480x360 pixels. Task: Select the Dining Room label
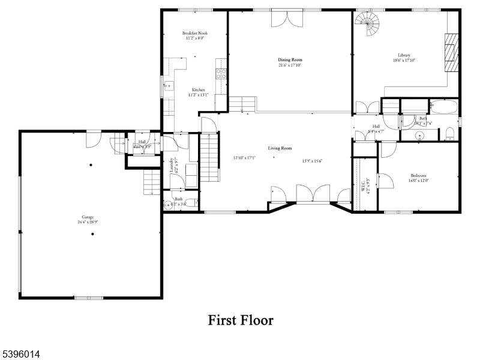[x=289, y=59]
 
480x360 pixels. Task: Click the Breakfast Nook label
[x=194, y=33]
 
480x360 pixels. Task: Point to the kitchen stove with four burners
[x=221, y=74]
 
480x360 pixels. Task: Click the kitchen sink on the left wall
[x=169, y=85]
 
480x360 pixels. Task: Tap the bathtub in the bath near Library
[x=445, y=109]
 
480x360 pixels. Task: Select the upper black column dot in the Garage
[x=91, y=165]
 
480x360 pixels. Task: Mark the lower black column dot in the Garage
[x=92, y=234]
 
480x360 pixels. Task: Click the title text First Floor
[x=241, y=320]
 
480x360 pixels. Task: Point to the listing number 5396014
[x=20, y=355]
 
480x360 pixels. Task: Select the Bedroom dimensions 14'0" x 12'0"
[x=419, y=180]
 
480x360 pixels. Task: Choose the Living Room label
[x=280, y=148]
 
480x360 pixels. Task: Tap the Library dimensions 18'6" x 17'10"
[x=404, y=60]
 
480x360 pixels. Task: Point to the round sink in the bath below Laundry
[x=167, y=205]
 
